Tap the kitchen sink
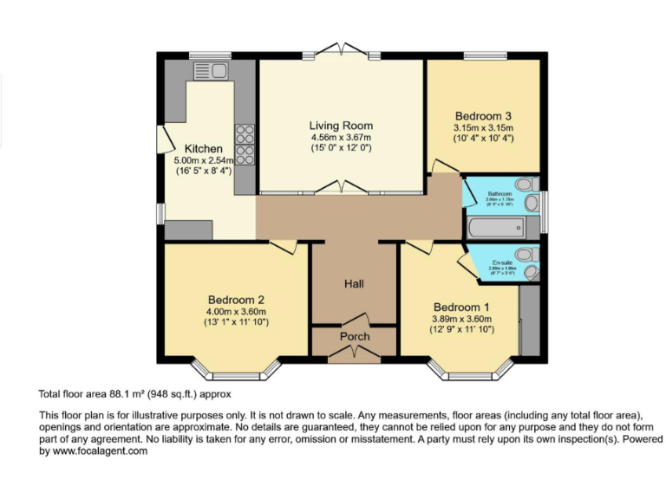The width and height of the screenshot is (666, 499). point(211,70)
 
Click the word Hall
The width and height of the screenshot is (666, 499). point(354,283)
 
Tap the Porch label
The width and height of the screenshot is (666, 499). point(354,336)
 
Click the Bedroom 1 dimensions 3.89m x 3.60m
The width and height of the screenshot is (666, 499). point(462,318)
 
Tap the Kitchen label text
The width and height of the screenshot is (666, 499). point(203,149)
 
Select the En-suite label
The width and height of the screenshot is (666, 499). point(501,262)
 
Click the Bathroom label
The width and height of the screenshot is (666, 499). point(499,194)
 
